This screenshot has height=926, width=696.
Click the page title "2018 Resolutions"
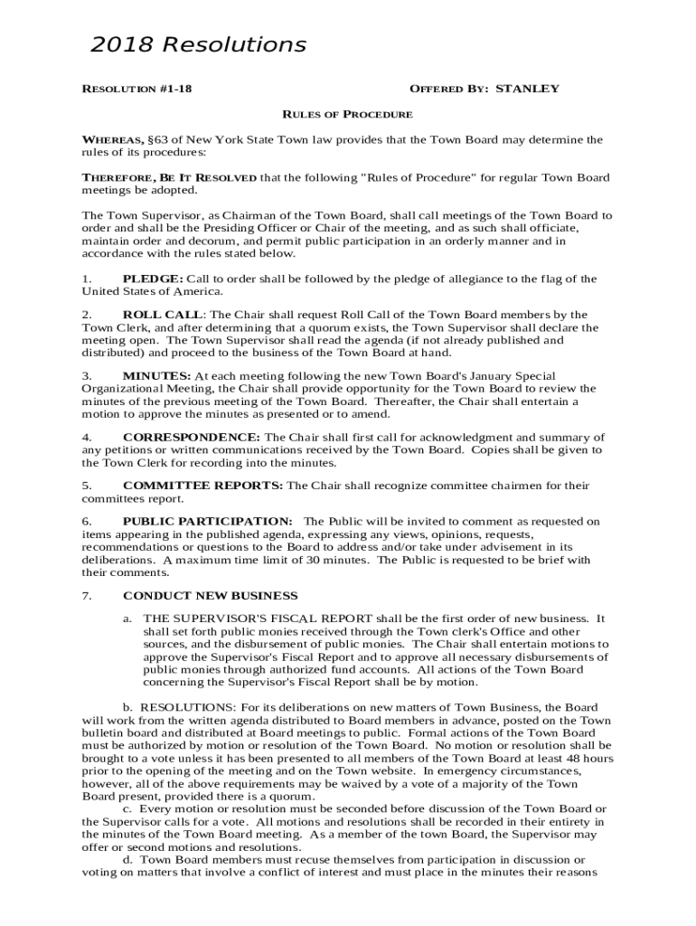(198, 44)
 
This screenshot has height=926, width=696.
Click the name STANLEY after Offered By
(528, 89)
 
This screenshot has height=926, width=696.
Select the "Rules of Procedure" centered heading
(348, 115)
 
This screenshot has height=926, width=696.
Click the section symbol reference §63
(157, 140)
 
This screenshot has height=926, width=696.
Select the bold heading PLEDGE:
(153, 279)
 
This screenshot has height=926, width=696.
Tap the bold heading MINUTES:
(156, 375)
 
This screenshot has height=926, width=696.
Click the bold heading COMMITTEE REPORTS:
(202, 486)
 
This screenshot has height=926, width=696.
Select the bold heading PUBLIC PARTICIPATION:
(207, 522)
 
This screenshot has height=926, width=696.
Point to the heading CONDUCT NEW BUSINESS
(210, 595)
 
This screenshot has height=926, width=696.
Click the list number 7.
(86, 595)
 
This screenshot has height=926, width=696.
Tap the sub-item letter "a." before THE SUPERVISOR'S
(129, 619)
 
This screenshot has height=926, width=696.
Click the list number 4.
(86, 437)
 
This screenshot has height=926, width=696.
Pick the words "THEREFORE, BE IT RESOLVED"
(169, 177)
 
